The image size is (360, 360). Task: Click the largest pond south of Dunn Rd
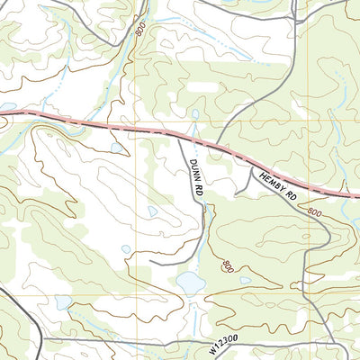tap(190, 283)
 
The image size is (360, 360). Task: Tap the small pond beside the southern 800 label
tap(245, 280)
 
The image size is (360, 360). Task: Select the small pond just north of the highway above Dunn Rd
tap(195, 114)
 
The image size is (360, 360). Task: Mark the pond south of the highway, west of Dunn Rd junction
tap(118, 148)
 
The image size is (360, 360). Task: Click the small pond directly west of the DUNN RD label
tap(152, 210)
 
